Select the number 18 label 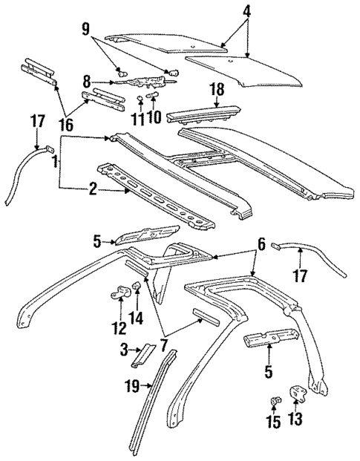point(217,89)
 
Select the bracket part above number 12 point(121,292)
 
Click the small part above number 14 point(137,288)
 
